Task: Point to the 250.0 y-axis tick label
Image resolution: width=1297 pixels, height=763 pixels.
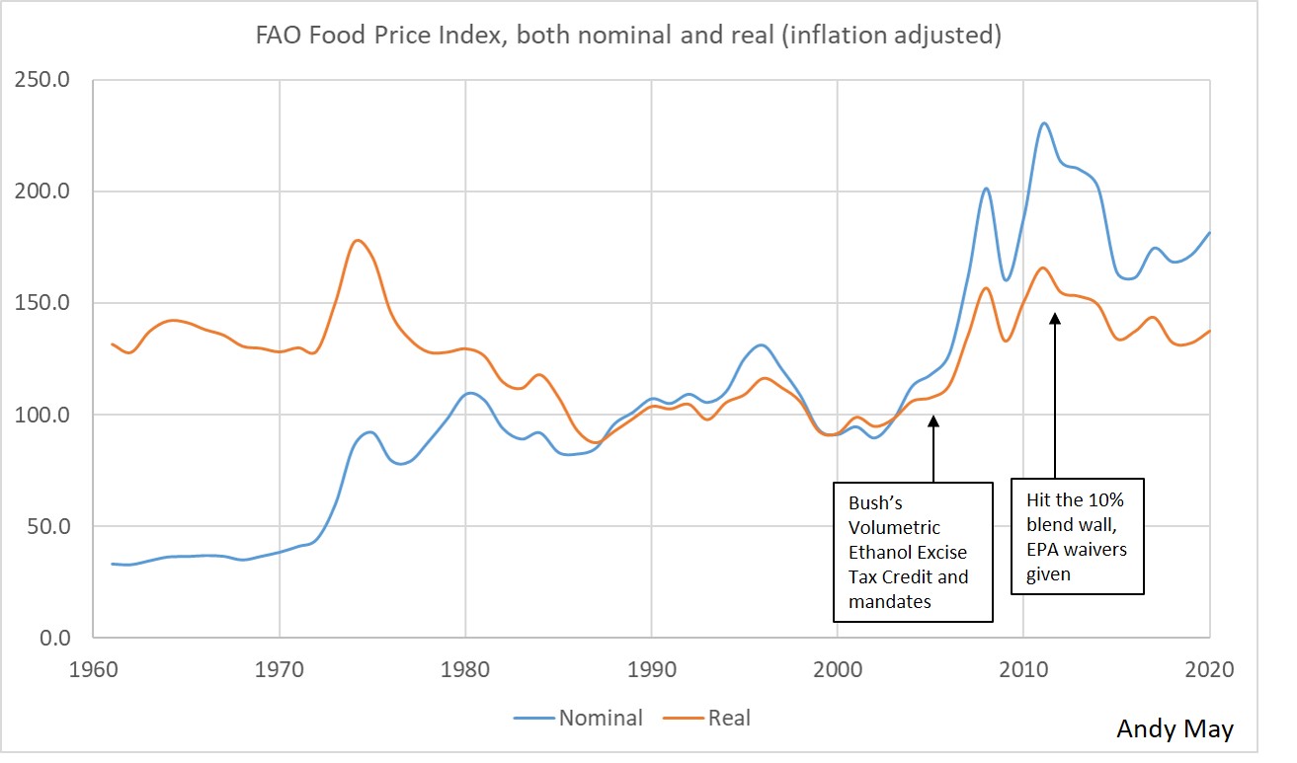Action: [41, 80]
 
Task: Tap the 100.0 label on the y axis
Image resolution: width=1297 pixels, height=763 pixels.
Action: [41, 415]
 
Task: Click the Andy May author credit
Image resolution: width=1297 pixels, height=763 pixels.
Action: [1175, 729]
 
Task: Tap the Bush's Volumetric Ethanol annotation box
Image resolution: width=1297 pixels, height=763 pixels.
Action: [913, 551]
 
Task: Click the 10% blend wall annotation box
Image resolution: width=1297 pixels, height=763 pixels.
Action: [1077, 536]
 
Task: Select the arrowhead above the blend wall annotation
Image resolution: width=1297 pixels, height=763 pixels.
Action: [1054, 318]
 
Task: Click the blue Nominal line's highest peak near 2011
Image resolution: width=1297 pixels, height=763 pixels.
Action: [1044, 123]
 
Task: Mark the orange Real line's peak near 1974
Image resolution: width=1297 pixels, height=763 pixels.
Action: [357, 240]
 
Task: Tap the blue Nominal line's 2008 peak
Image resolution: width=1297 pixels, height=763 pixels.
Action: [986, 189]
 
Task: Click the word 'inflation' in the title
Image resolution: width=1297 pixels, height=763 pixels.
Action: [857, 38]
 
